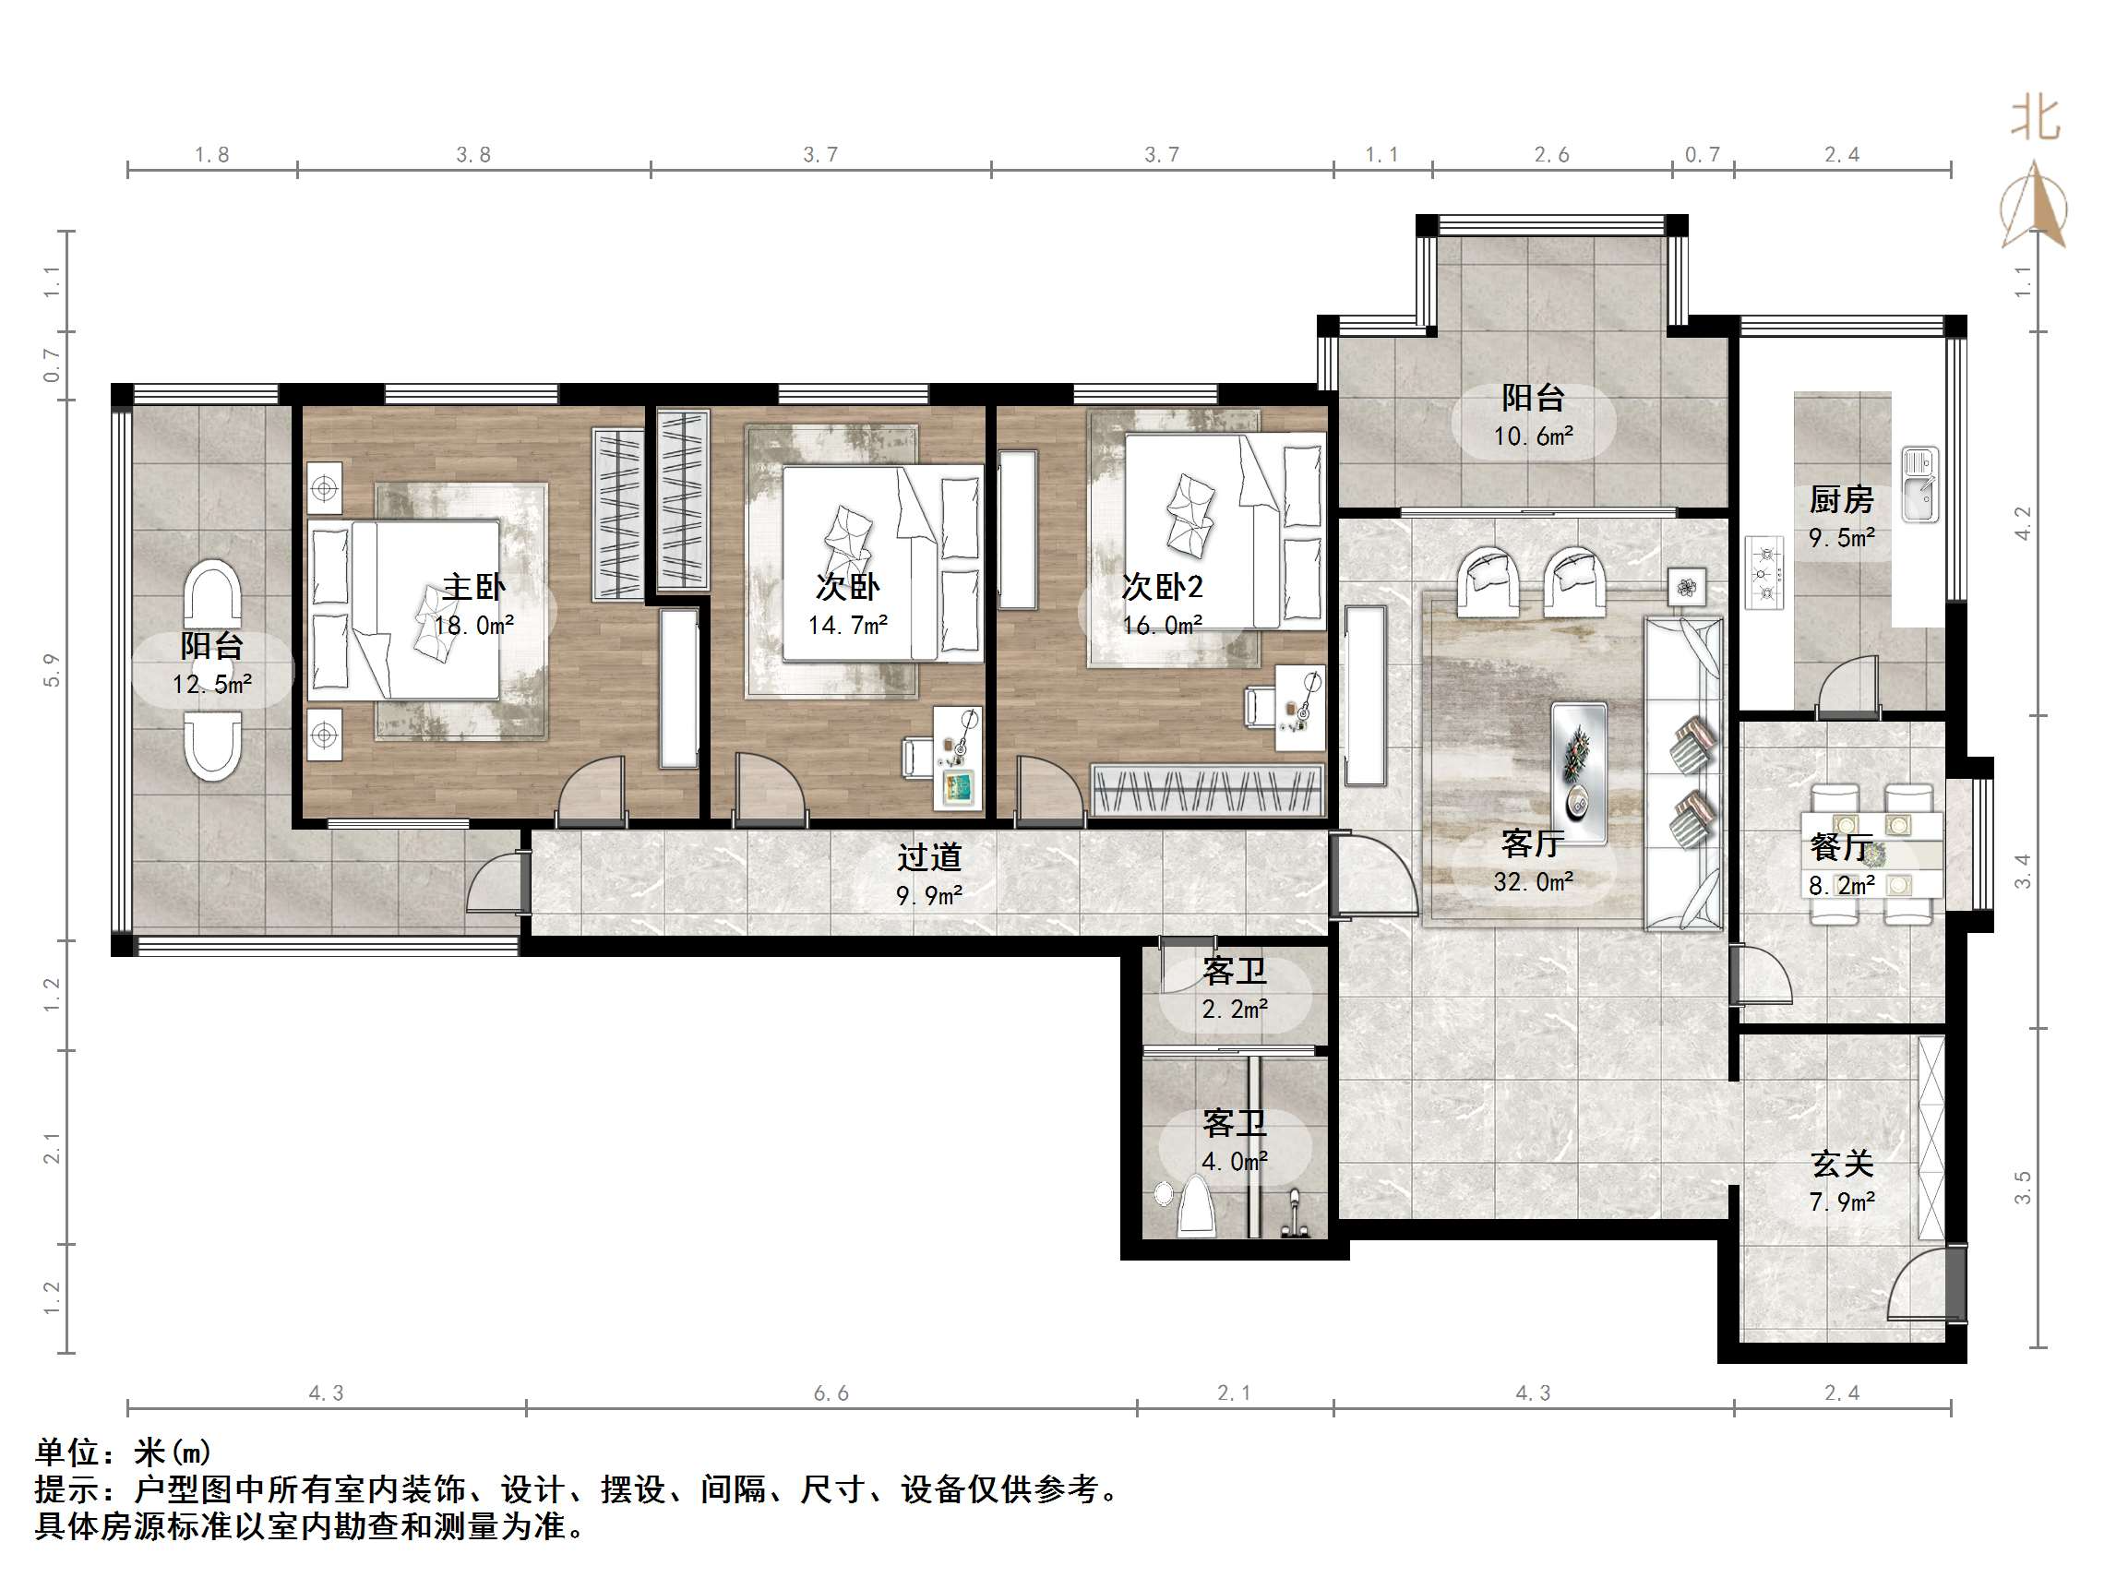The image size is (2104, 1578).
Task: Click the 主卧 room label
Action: (473, 587)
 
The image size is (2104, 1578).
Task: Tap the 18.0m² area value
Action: (473, 626)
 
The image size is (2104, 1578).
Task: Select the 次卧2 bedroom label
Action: (1163, 587)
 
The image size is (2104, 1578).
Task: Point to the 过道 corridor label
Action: (929, 858)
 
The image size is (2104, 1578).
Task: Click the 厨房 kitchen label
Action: (1842, 499)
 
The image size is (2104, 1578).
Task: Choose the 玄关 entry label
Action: (1842, 1164)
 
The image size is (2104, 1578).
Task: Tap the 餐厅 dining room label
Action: (1842, 846)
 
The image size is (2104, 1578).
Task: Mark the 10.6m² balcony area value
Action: (1533, 436)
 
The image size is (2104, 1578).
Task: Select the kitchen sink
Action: (1919, 484)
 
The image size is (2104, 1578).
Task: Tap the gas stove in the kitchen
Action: (1765, 573)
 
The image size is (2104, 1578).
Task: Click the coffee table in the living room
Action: (1579, 772)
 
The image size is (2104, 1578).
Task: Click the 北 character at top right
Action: (2036, 120)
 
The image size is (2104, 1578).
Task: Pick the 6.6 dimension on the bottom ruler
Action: (831, 1393)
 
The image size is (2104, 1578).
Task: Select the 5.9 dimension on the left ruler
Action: (52, 670)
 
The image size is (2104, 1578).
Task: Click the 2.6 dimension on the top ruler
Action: (1551, 155)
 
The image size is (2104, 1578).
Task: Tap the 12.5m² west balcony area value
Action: (212, 685)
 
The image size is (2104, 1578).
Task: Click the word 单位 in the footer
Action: (67, 1452)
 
